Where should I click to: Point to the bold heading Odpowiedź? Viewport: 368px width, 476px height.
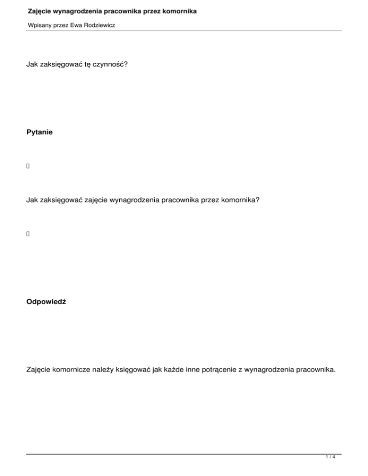pos(46,303)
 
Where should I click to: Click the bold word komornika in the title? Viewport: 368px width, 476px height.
pos(179,11)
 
